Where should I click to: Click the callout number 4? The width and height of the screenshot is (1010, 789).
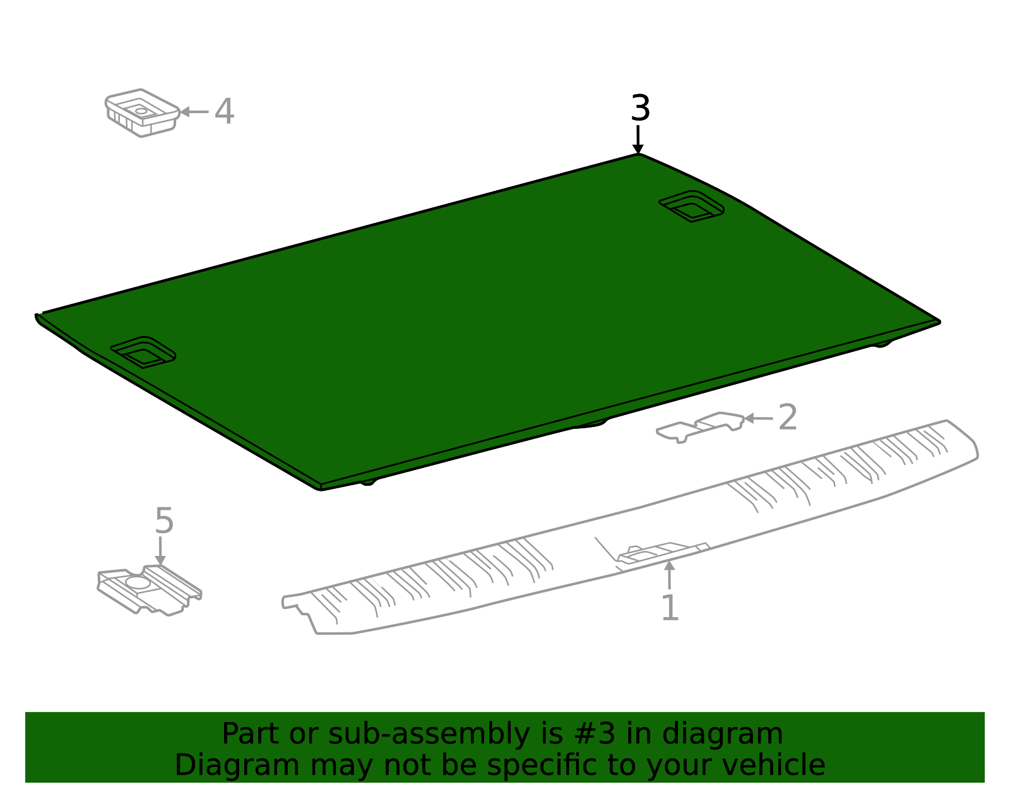point(224,112)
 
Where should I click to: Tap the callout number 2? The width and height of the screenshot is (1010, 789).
point(787,417)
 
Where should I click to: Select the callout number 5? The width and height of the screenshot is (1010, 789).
point(164,521)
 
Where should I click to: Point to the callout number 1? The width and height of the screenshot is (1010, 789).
point(670,607)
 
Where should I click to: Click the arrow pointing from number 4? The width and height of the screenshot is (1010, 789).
point(194,112)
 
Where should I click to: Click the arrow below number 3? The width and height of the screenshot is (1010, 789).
point(638,139)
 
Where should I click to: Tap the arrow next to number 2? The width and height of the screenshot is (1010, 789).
point(758,418)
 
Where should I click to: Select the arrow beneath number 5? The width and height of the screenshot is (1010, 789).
point(160,551)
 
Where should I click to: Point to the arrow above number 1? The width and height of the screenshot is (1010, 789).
point(669,575)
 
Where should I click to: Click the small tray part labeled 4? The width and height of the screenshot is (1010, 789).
point(142,112)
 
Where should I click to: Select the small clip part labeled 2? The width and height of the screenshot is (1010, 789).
point(700,427)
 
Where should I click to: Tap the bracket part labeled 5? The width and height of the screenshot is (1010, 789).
point(149,590)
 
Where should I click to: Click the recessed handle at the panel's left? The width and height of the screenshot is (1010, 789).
point(143,352)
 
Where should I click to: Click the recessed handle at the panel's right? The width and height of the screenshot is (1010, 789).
point(691,206)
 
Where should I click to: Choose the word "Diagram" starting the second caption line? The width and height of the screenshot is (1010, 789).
point(237,765)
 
